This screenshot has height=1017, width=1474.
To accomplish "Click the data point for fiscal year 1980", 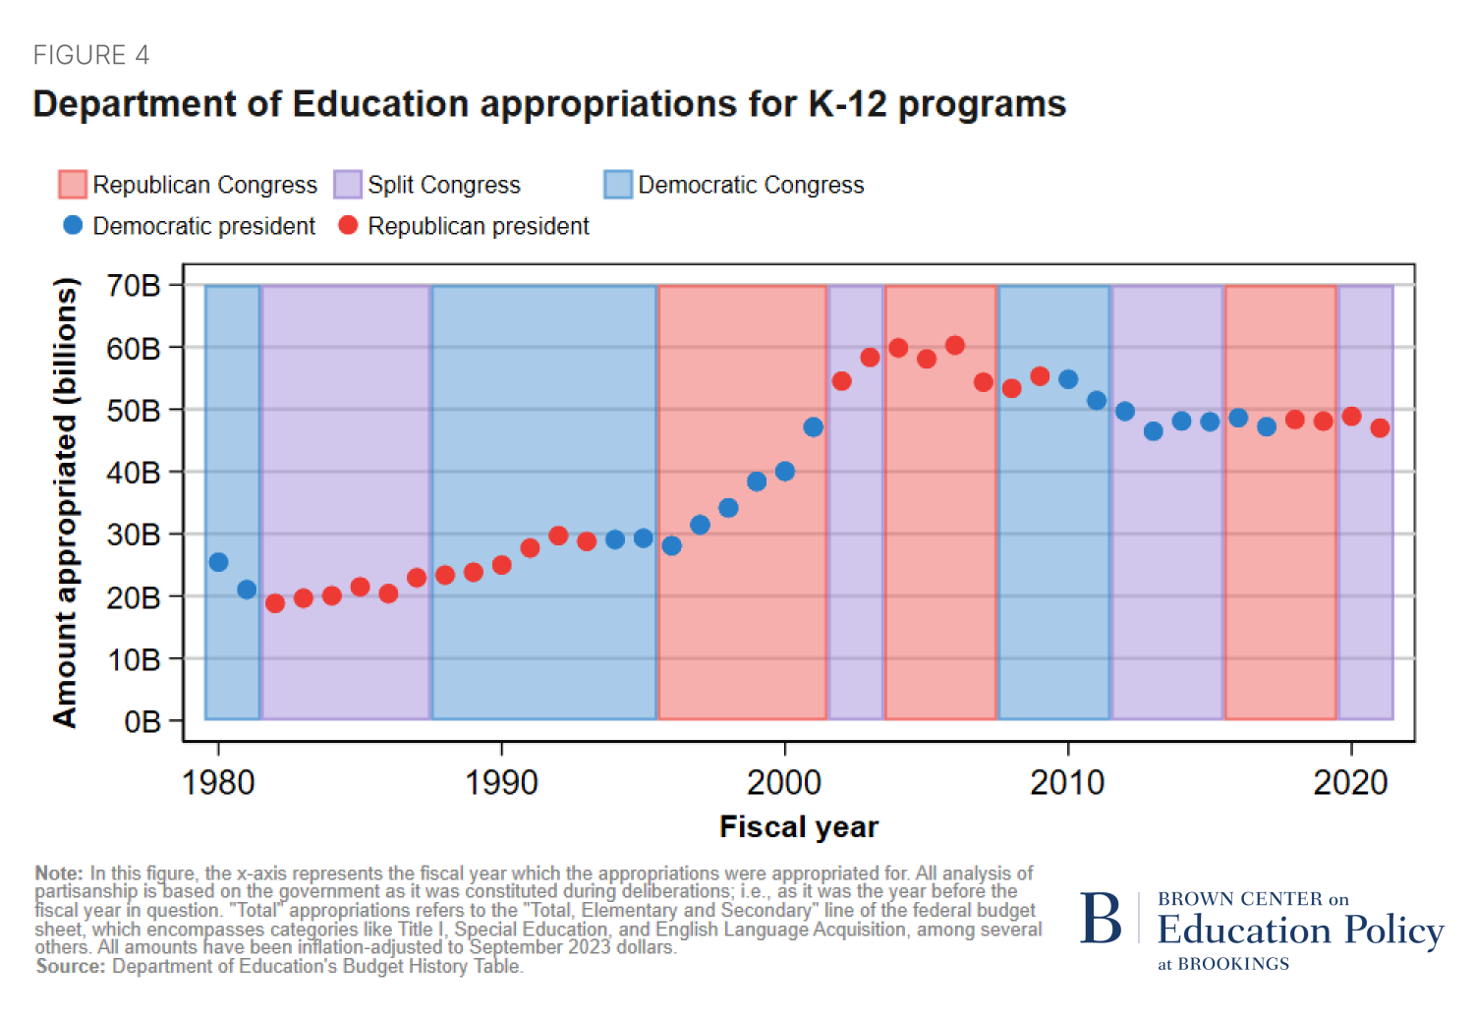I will pyautogui.click(x=218, y=562).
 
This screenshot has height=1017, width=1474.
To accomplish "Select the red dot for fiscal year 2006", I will pyautogui.click(x=955, y=345).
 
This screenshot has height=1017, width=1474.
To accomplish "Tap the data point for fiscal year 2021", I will pyautogui.click(x=1380, y=427).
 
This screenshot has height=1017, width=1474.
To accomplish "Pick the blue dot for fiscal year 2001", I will pyautogui.click(x=813, y=426).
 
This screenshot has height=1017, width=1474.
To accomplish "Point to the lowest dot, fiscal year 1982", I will pyautogui.click(x=275, y=603).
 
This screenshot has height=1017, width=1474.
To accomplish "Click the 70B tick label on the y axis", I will pyautogui.click(x=134, y=286).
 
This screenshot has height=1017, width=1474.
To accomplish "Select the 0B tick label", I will pyautogui.click(x=142, y=722).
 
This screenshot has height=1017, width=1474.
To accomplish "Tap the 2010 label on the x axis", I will pyautogui.click(x=1067, y=783).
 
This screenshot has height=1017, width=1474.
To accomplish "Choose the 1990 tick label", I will pyautogui.click(x=501, y=783).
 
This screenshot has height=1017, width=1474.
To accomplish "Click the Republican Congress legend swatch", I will pyautogui.click(x=73, y=185).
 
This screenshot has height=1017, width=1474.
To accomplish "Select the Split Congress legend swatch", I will pyautogui.click(x=348, y=185).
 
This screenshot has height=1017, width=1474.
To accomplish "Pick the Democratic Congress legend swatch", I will pyautogui.click(x=618, y=185).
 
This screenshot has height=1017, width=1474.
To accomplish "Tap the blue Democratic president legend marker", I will pyautogui.click(x=73, y=225).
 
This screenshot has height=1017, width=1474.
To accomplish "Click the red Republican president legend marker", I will pyautogui.click(x=348, y=225).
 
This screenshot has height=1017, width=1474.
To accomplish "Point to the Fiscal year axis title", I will pyautogui.click(x=799, y=827).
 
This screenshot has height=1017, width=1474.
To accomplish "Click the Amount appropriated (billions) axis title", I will pyautogui.click(x=65, y=502).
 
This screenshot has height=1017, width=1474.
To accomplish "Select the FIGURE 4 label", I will pyautogui.click(x=91, y=55).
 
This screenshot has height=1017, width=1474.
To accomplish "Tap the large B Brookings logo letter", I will pyautogui.click(x=1101, y=920).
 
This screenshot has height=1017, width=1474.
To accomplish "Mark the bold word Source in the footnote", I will pyautogui.click(x=71, y=967).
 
